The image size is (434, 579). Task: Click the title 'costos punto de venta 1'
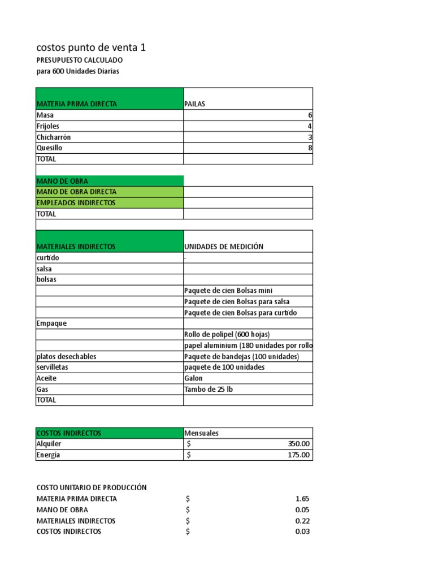[91, 47]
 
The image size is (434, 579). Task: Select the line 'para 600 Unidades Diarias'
[77, 71]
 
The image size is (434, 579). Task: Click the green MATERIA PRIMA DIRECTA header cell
[77, 104]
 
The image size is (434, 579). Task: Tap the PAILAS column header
[195, 104]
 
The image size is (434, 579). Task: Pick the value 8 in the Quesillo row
[310, 148]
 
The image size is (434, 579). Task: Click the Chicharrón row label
[54, 137]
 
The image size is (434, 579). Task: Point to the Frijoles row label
[48, 126]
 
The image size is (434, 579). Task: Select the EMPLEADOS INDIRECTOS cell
[76, 202]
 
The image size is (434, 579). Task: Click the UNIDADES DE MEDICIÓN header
[224, 247]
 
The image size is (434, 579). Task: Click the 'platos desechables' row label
[66, 357]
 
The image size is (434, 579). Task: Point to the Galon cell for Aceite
[193, 378]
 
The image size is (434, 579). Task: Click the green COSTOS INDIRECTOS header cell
[69, 433]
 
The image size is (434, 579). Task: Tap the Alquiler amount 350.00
[298, 444]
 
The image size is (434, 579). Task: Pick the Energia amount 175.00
[298, 455]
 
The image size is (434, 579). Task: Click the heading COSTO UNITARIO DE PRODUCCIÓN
[92, 487]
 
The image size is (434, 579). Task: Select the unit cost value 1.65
[302, 499]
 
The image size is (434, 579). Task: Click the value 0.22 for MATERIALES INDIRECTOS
[302, 521]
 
